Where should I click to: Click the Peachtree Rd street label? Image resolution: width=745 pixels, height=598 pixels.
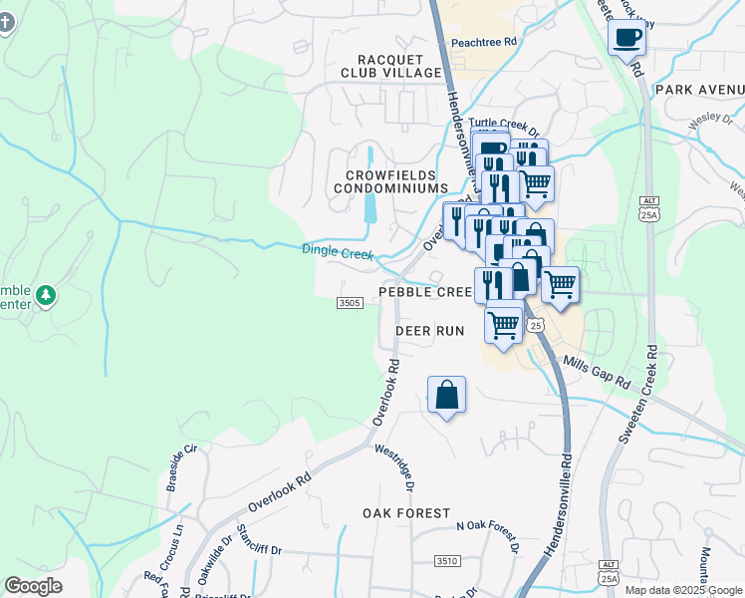[484, 42]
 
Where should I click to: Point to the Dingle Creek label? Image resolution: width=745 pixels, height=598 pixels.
[338, 253]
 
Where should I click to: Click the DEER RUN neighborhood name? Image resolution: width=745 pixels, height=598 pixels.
[430, 330]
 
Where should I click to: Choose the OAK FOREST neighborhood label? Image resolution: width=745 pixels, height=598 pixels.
[406, 512]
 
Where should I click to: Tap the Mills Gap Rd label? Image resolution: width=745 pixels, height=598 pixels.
[597, 373]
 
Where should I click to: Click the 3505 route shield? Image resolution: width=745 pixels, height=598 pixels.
[350, 303]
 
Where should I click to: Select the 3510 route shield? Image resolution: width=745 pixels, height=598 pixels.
[446, 562]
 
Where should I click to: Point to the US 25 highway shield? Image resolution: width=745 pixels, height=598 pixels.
[536, 325]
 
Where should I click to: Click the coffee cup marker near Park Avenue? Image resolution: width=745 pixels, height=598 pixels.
[626, 39]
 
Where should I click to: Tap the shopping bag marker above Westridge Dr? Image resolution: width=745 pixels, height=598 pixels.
[446, 395]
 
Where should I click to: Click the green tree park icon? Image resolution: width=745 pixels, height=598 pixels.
[45, 295]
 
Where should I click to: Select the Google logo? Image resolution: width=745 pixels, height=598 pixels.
[33, 586]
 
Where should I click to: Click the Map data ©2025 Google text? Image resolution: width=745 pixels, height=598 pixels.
[684, 590]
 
